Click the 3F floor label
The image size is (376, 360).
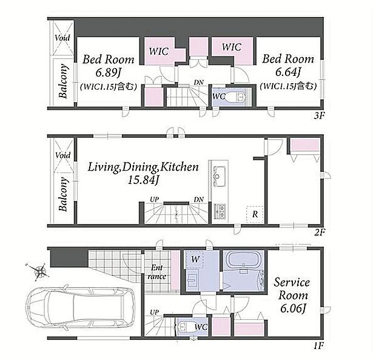[319, 116]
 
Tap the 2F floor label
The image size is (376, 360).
[320, 233]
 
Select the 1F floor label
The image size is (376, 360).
[319, 346]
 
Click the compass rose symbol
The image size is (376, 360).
[38, 271]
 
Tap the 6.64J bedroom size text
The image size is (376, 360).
[288, 72]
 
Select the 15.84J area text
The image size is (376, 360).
[143, 180]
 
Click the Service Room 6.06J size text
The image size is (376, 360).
[293, 308]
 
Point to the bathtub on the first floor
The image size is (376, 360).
[244, 260]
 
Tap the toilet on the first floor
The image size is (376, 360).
[186, 327]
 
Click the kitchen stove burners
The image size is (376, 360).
[220, 211]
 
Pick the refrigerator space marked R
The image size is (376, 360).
[255, 214]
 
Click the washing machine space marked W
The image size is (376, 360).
[195, 259]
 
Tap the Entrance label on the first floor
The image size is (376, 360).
[157, 272]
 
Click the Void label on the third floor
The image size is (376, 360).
[62, 38]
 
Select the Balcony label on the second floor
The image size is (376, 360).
[63, 194]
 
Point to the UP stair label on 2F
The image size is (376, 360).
[155, 200]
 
